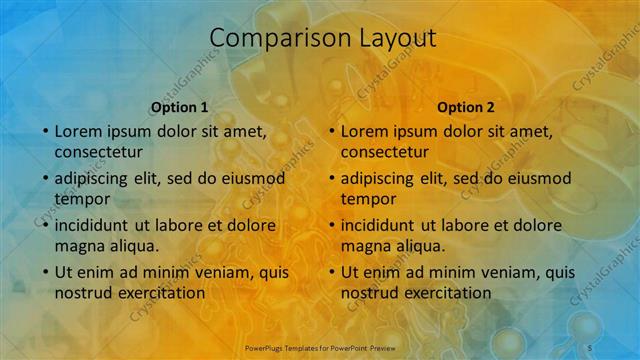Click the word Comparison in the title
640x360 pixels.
coord(267,38)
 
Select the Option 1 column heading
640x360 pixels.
coord(180,107)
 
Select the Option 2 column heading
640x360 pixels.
coord(466,107)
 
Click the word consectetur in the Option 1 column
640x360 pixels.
coord(98,152)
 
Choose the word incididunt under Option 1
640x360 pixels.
coord(97,225)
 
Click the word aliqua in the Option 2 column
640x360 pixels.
coord(420,246)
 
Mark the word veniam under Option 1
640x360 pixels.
coord(208,272)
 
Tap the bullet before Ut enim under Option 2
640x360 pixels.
coord(332,272)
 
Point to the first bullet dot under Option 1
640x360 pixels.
coord(46,131)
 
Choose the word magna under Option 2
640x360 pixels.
coord(364,246)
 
